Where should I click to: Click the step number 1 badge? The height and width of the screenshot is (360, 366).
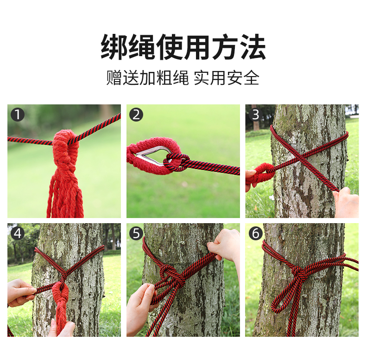pyautogui.click(x=18, y=115)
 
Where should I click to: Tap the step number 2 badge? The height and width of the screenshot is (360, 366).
pyautogui.click(x=136, y=115)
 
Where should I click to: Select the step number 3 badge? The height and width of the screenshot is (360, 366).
pyautogui.click(x=256, y=115)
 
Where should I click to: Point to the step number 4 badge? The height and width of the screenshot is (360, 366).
pyautogui.click(x=18, y=233)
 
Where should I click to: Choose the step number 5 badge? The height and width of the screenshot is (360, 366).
pyautogui.click(x=136, y=233)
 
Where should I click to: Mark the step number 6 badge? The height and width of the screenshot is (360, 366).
pyautogui.click(x=256, y=233)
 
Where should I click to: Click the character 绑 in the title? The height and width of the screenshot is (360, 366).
pyautogui.click(x=114, y=47)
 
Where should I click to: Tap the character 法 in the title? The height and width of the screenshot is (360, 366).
pyautogui.click(x=253, y=47)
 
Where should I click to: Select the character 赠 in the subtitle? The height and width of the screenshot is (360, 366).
pyautogui.click(x=114, y=77)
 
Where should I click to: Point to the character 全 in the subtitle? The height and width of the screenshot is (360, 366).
pyautogui.click(x=252, y=77)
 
